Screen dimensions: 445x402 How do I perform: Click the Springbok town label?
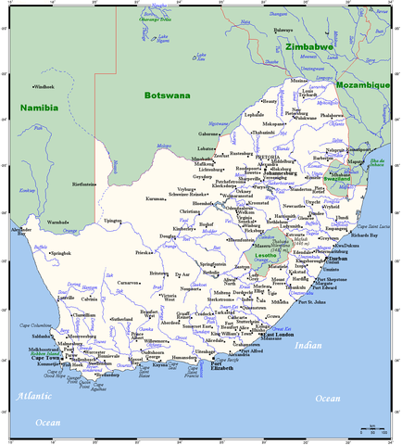click(x=61, y=252)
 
